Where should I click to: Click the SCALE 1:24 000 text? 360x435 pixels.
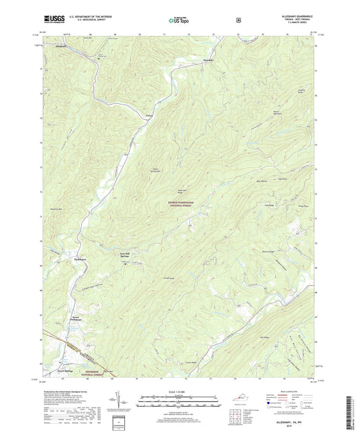179,392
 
